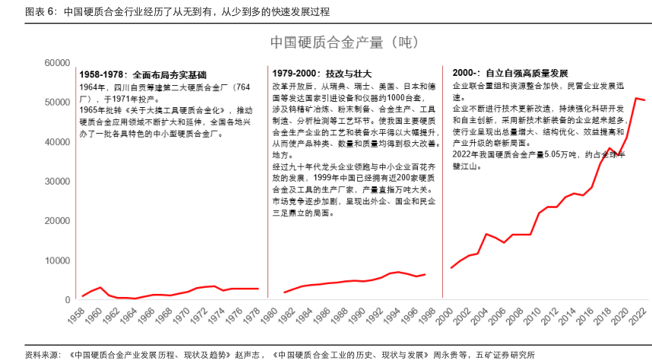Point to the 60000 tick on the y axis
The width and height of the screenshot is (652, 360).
(58, 63)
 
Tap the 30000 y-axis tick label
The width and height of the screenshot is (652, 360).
(58, 182)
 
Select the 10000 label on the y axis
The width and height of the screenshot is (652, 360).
(58, 261)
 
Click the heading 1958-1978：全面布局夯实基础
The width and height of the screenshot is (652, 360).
(143, 74)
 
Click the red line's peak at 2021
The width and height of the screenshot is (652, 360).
(637, 98)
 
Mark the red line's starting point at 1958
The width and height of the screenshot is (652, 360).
(82, 295)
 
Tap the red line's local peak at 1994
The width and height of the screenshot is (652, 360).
(400, 272)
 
